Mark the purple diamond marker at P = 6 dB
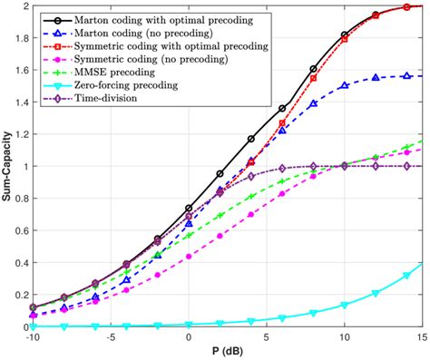point(282,169)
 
